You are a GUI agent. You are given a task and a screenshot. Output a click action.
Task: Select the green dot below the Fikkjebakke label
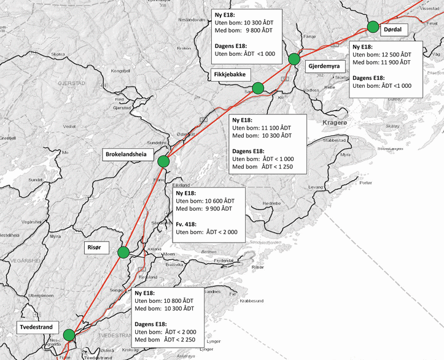click(259, 88)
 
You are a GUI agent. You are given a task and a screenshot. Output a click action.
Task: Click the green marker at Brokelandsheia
click(163, 162)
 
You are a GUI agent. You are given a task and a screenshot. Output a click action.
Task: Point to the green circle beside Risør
click(123, 251)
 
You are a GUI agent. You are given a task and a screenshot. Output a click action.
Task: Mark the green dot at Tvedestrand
click(68, 335)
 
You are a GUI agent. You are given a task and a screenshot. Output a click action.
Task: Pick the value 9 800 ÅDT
click(260, 31)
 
